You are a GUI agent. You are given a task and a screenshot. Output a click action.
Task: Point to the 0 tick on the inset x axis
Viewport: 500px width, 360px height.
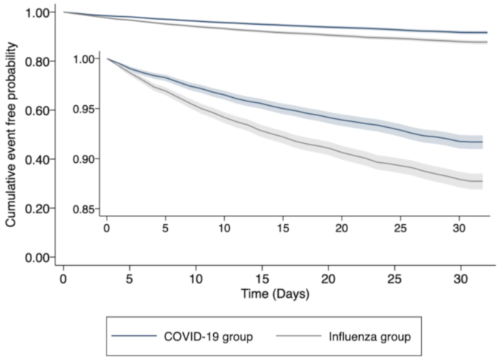point(107,229)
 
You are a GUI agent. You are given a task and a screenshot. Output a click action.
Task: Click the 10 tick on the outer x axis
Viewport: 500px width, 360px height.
point(196,280)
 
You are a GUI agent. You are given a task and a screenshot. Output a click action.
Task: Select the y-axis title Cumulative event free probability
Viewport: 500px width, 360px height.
point(12,134)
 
